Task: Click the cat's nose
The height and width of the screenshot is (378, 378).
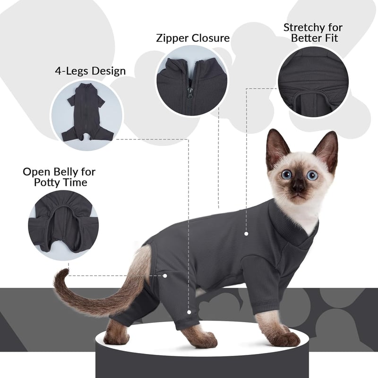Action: click(x=299, y=186)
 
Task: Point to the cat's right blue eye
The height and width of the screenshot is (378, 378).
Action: click(x=286, y=174)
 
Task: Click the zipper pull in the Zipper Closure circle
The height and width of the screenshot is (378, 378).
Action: click(x=191, y=93)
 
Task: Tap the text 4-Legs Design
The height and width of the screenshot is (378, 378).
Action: click(x=90, y=71)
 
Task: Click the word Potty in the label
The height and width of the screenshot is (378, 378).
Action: click(x=46, y=182)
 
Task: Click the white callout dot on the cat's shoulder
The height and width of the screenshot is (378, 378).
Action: click(x=246, y=233)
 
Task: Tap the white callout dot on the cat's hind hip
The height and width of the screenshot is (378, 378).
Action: click(x=165, y=275)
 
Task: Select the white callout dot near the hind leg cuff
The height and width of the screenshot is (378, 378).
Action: click(x=189, y=312)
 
